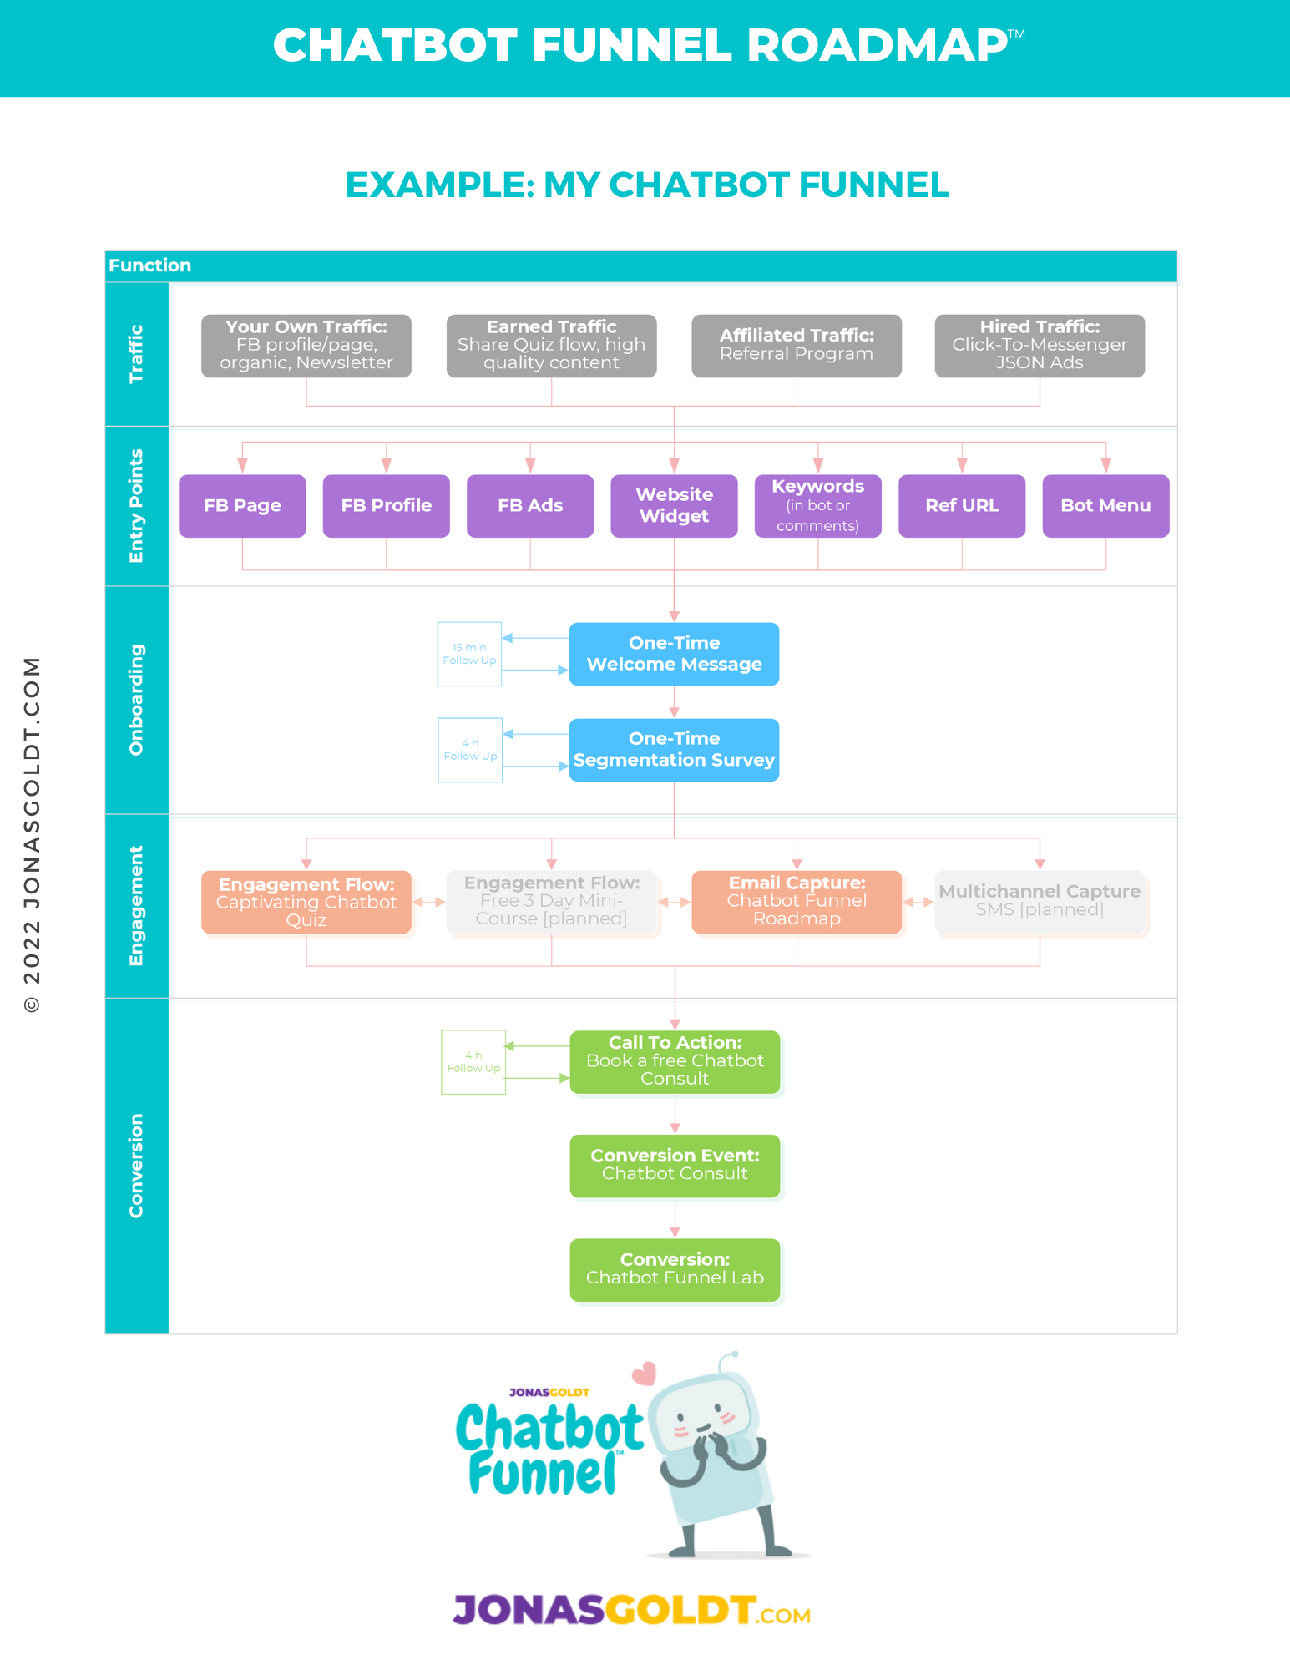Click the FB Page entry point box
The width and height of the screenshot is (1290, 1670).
point(242,506)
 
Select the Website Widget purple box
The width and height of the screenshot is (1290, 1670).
point(674,506)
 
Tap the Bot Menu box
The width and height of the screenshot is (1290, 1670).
point(1105,506)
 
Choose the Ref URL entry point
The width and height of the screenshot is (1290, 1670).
point(962,506)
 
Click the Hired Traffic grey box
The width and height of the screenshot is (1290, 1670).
point(1040,346)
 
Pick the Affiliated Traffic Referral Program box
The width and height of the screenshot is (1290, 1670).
point(797,346)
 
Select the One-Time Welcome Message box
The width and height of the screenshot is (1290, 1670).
point(674,654)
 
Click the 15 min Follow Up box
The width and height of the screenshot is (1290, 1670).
point(469,654)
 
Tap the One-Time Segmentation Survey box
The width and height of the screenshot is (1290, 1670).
point(674,750)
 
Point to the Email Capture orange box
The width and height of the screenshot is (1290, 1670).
point(797,902)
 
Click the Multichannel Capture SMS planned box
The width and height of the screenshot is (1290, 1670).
point(1040,902)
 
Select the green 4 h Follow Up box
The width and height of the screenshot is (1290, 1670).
point(473,1062)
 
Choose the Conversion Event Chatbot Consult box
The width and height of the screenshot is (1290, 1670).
point(675,1166)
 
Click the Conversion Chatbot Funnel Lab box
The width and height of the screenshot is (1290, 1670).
point(675,1269)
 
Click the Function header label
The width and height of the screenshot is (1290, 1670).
point(150,266)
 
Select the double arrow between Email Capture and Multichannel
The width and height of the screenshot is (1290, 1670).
point(918,902)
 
